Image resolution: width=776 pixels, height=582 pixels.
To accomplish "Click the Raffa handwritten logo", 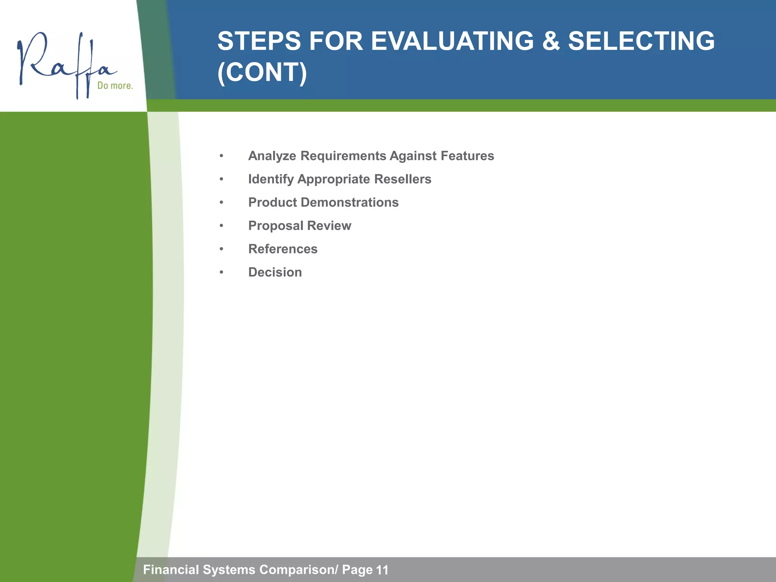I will (x=64, y=63).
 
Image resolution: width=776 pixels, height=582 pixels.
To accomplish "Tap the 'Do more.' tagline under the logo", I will (x=115, y=86).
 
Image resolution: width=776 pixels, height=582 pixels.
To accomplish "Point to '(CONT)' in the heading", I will (x=262, y=72).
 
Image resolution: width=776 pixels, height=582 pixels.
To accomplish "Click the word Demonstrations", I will (x=349, y=202).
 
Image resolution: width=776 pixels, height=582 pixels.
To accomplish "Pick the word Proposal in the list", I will (x=275, y=226).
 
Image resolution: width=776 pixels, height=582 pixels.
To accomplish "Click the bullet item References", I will (x=283, y=249).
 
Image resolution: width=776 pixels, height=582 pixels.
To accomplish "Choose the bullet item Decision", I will (x=275, y=272).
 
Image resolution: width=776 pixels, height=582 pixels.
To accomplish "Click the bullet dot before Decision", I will (x=221, y=272).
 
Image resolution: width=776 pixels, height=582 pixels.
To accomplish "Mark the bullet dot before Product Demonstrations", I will (x=221, y=203).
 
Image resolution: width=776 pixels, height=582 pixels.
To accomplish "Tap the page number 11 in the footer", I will (x=382, y=570).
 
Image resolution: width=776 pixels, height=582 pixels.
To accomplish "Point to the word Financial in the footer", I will (x=171, y=569).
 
